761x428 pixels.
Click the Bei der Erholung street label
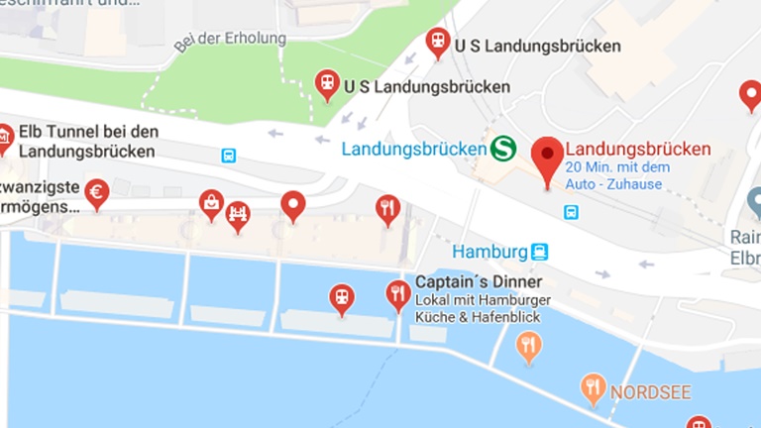[230, 40]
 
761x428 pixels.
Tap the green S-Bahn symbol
[503, 150]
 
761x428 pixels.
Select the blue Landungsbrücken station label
[413, 150]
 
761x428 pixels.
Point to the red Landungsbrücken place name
[638, 149]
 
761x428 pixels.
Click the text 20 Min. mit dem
[617, 166]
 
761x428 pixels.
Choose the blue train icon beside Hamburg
[539, 252]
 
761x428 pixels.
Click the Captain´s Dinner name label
[479, 281]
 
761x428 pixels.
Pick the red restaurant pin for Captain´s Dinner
[397, 294]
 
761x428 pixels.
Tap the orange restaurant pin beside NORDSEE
[594, 386]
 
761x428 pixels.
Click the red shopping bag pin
[211, 203]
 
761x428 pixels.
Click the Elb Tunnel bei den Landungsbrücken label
[88, 142]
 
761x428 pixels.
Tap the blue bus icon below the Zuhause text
[571, 211]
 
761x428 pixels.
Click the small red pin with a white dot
[293, 204]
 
